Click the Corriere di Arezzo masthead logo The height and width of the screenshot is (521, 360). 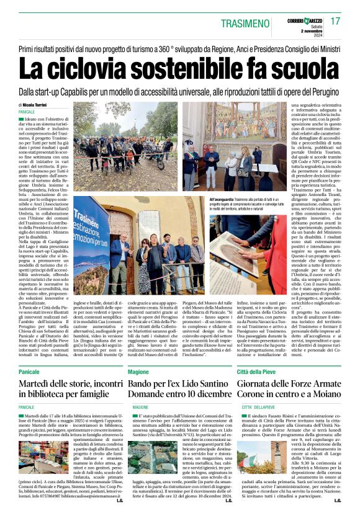305,17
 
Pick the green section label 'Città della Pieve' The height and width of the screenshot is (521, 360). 256,371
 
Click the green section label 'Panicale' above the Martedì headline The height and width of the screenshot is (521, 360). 29,371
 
